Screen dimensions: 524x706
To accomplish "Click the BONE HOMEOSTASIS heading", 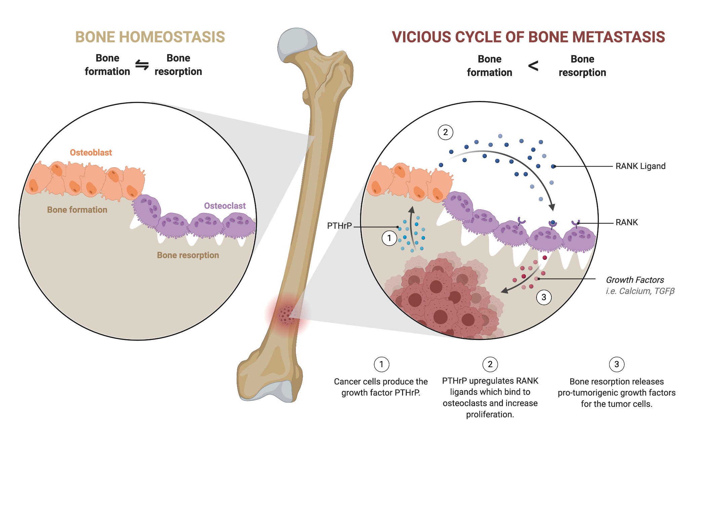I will point(150,37).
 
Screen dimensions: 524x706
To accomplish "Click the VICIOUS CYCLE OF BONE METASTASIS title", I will point(528,37).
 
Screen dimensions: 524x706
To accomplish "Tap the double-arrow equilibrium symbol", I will point(142,65).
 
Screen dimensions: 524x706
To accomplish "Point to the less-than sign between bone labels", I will point(533,66).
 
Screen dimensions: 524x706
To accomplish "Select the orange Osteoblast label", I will point(91,152).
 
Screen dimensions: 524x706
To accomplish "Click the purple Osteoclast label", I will point(225,206).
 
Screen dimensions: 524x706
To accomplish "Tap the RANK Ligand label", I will point(640,166).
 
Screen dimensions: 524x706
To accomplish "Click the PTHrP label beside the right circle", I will point(339,226).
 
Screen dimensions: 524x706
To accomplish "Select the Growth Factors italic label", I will point(635,280).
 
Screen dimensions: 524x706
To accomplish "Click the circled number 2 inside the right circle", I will point(445,132).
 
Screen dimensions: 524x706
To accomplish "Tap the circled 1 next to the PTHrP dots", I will point(389,238).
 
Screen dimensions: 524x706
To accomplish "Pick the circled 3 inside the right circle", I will point(544,297).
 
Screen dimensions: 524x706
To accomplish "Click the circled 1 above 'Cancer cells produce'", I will point(382,364).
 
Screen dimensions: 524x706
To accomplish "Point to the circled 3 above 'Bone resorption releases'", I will point(617,364).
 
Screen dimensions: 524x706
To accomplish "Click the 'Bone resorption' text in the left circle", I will point(188,255).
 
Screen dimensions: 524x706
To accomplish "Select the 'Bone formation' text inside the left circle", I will point(77,210).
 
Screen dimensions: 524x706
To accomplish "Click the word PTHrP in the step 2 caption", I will point(454,381).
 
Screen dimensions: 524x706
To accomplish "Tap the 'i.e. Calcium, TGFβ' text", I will point(640,291).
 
